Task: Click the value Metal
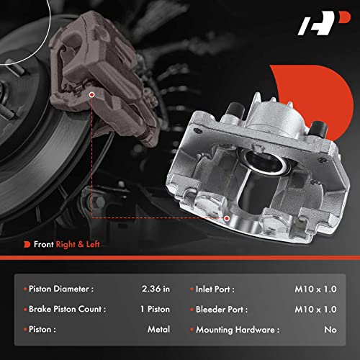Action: (x=158, y=328)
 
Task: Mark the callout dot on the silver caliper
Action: (x=226, y=217)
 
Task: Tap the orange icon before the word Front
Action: (x=27, y=245)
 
